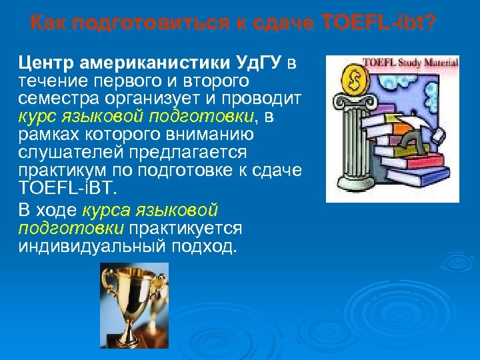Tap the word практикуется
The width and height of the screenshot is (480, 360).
pyautogui.click(x=185, y=229)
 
